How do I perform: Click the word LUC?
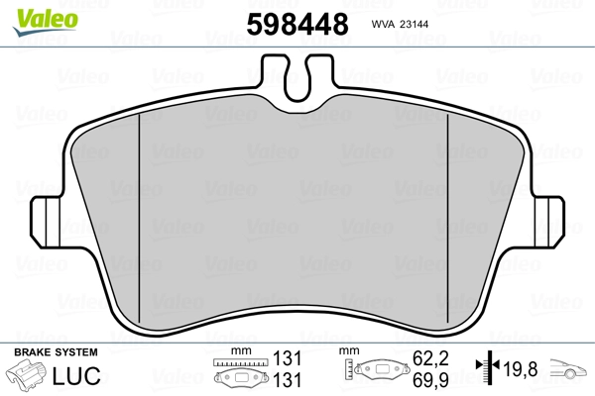[88, 375]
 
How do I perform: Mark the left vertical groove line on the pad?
[142, 208]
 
